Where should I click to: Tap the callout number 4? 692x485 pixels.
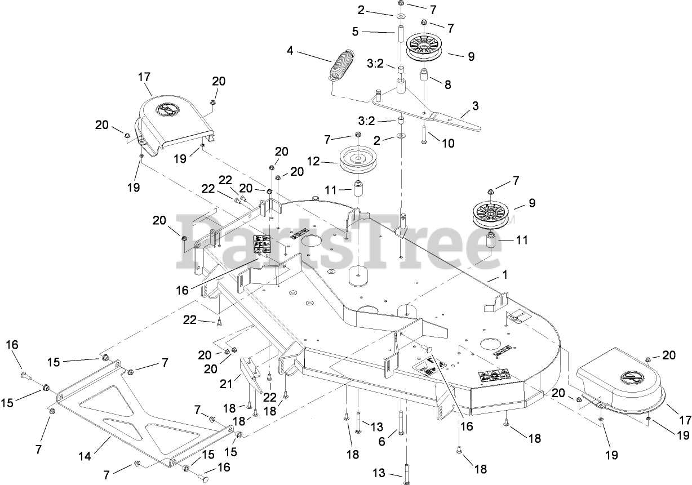(290, 51)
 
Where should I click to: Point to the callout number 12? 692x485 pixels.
(313, 162)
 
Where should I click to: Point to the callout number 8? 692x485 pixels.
(448, 86)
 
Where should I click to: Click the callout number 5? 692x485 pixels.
(355, 32)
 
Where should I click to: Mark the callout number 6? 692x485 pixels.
(382, 443)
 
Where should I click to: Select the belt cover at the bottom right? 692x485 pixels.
(620, 388)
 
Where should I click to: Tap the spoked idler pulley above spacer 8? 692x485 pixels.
(425, 47)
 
